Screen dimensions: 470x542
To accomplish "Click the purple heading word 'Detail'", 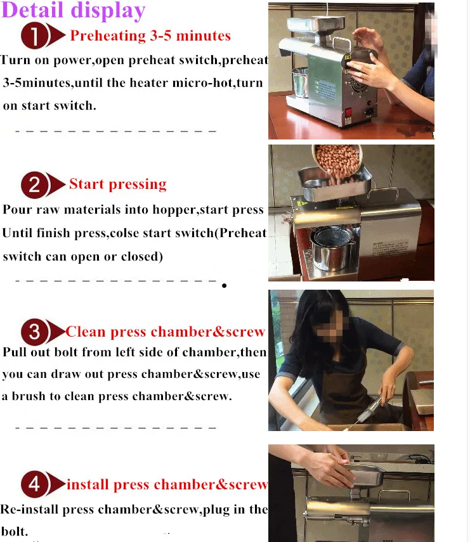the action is (33, 10).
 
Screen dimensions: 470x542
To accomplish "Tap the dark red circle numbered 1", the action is (34, 35).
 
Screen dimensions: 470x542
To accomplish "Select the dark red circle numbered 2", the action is (34, 184).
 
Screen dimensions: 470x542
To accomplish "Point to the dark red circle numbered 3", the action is (34, 332).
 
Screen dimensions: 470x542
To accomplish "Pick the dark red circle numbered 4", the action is (34, 484).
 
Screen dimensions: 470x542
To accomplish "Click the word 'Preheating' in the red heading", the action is (108, 36).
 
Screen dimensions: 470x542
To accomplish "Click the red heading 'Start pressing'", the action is (118, 184).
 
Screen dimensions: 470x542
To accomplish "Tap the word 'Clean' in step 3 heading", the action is (86, 332).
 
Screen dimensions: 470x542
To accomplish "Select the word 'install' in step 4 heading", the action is (88, 484).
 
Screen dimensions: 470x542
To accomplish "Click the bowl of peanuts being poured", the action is (337, 160).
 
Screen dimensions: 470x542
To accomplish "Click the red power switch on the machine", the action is (348, 113).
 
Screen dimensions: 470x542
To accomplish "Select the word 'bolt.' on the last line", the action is (14, 531).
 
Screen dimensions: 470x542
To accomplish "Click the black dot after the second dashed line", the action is (224, 285).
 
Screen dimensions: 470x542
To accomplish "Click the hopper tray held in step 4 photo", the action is (365, 475).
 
